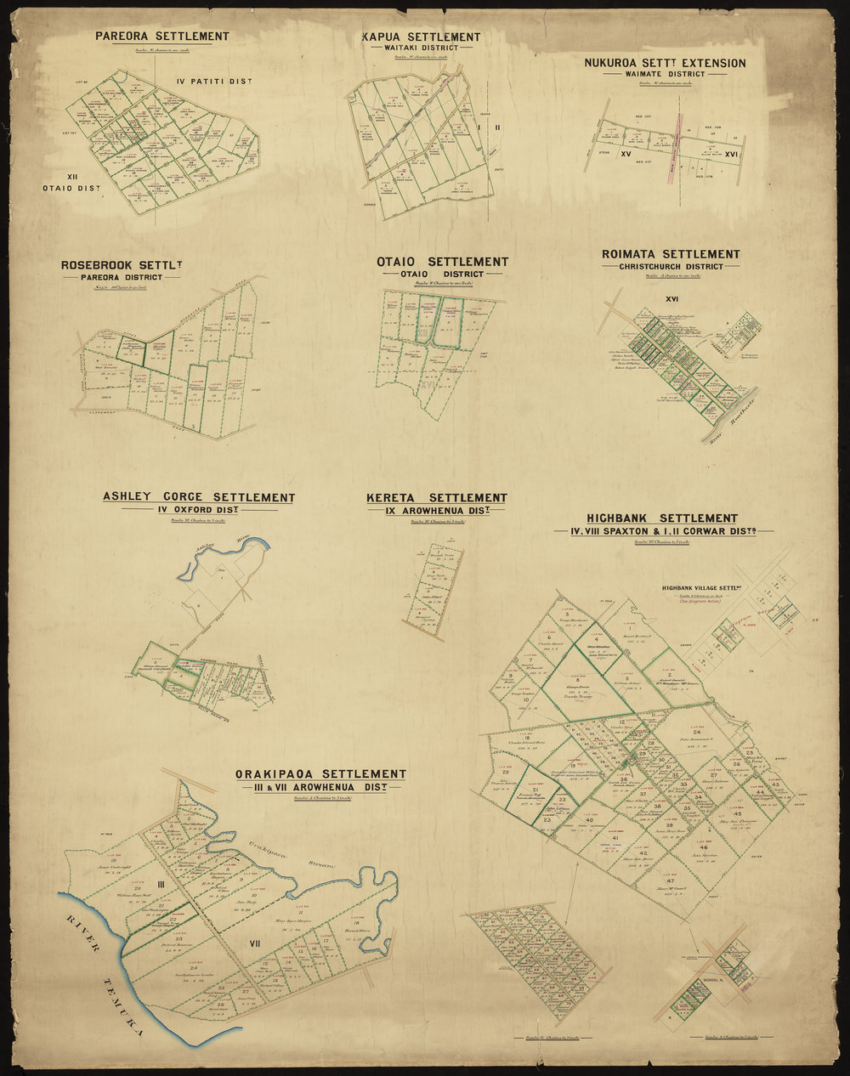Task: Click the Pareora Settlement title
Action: pos(161,37)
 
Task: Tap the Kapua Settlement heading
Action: pos(421,37)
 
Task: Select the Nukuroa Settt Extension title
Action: pos(665,63)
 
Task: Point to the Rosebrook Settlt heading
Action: pos(122,265)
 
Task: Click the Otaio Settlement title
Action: pos(442,262)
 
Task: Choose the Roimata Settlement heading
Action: pos(670,254)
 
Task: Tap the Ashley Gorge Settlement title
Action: pos(198,497)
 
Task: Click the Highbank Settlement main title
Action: pos(661,518)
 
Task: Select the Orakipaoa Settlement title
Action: pos(322,773)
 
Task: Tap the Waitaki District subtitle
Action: pos(420,48)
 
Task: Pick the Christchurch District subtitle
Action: pos(671,266)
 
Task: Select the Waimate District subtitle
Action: pos(665,74)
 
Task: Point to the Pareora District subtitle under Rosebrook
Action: pos(121,276)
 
